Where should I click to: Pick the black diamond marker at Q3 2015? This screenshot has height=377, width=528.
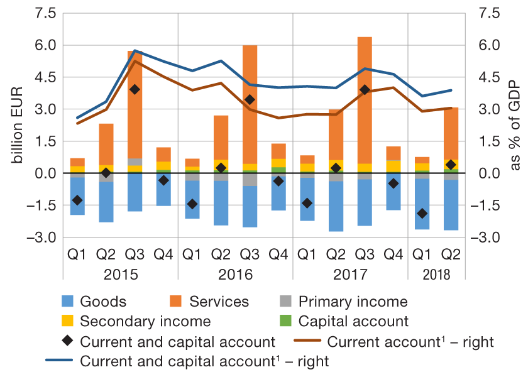(x=135, y=90)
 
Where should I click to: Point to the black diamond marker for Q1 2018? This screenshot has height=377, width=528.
(x=422, y=214)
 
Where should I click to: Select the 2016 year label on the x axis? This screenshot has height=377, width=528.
(x=235, y=275)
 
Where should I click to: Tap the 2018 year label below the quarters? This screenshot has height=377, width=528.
(x=436, y=275)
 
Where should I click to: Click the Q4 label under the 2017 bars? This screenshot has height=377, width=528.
(x=393, y=254)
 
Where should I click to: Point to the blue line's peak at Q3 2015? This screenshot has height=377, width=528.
(x=135, y=51)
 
